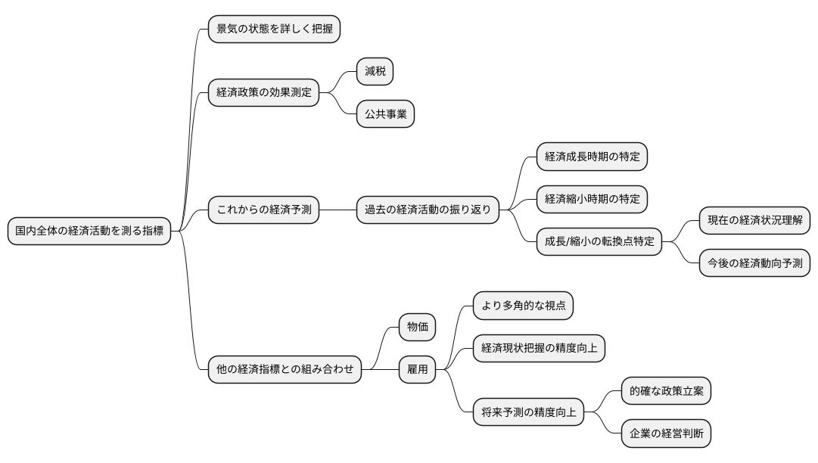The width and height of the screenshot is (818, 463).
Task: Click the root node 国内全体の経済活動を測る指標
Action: (x=89, y=231)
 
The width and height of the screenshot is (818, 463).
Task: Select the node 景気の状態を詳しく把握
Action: (x=274, y=30)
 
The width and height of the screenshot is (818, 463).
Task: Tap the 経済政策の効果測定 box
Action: (x=263, y=93)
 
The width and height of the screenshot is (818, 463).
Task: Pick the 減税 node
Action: (x=375, y=72)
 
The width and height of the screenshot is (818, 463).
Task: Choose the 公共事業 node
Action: (x=386, y=115)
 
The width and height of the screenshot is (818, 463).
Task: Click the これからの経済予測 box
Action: (x=263, y=209)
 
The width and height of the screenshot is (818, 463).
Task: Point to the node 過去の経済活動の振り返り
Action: (x=428, y=209)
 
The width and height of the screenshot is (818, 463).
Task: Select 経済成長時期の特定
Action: (x=593, y=157)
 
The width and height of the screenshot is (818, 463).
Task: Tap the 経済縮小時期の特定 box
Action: (x=593, y=199)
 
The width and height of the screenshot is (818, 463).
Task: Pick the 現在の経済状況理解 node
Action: (x=754, y=221)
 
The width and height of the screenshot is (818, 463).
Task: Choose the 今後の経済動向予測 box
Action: (x=754, y=263)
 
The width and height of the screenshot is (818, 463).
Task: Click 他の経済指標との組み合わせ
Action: (x=285, y=370)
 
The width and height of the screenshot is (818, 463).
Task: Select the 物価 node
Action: (x=418, y=327)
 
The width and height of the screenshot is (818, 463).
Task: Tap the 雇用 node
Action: (x=418, y=370)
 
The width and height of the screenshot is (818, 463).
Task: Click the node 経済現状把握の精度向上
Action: (x=539, y=348)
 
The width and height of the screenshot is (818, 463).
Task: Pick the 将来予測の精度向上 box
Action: (x=529, y=412)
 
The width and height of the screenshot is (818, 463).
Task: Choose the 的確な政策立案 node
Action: (x=666, y=391)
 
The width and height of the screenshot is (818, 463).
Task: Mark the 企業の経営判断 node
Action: (x=666, y=433)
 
